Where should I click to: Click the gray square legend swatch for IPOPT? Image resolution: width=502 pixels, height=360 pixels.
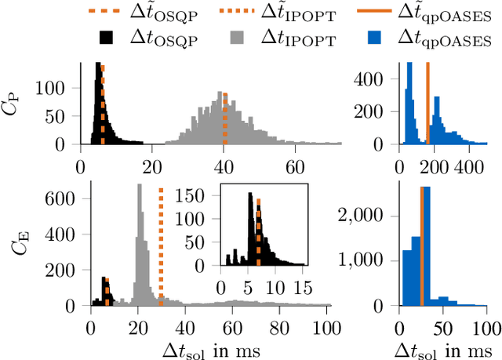click(x=243, y=37)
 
